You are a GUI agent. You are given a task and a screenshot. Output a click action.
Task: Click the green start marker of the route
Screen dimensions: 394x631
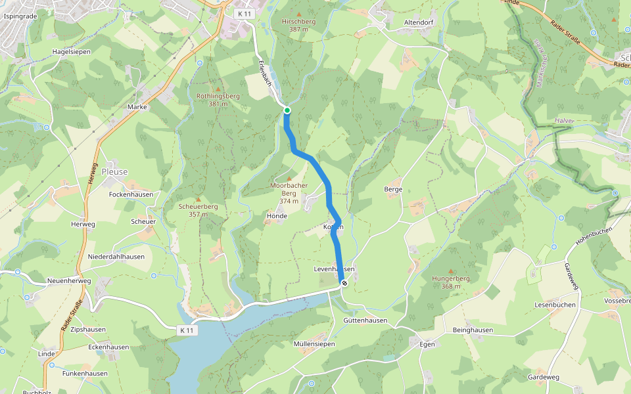pyautogui.click(x=287, y=110)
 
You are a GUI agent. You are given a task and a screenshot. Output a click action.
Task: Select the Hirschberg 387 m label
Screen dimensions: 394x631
pyautogui.click(x=298, y=26)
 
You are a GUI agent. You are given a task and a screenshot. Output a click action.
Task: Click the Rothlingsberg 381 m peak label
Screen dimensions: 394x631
pyautogui.click(x=218, y=100)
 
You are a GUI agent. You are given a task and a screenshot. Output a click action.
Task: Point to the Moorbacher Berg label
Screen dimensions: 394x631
pyautogui.click(x=289, y=189)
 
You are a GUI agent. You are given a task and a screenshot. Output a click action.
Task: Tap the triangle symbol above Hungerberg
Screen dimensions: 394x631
pyautogui.click(x=450, y=271)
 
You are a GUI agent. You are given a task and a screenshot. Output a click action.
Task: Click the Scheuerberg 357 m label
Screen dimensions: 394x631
pyautogui.click(x=199, y=210)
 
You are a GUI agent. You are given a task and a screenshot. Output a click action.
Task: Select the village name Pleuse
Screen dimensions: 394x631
pyautogui.click(x=115, y=172)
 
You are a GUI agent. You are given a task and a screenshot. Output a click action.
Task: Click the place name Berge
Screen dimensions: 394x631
pyautogui.click(x=392, y=188)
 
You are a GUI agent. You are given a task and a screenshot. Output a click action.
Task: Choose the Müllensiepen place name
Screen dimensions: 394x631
pyautogui.click(x=314, y=344)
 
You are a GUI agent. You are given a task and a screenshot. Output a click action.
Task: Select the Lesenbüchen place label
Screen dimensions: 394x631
pyautogui.click(x=555, y=305)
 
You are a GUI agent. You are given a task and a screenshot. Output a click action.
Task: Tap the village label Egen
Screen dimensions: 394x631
pyautogui.click(x=427, y=343)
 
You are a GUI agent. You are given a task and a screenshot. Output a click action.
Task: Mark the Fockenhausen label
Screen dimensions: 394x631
pyautogui.click(x=131, y=195)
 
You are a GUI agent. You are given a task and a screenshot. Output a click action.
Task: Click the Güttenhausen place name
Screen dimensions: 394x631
pyautogui.click(x=365, y=320)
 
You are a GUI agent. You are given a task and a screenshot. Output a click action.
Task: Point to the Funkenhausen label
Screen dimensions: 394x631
pyautogui.click(x=85, y=374)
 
